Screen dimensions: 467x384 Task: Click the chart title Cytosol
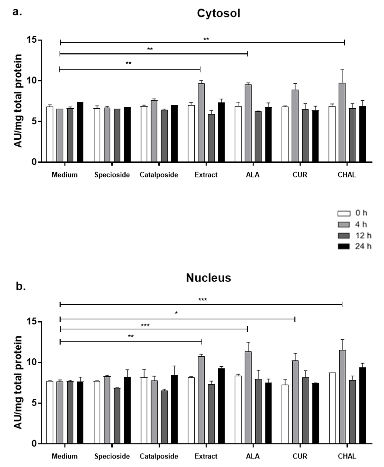(x=218, y=13)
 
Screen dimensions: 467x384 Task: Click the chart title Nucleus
(x=209, y=278)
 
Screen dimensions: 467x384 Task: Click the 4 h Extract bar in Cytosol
(x=201, y=123)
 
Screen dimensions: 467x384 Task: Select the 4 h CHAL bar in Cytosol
(x=342, y=123)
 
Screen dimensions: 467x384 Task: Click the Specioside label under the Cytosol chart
(x=112, y=175)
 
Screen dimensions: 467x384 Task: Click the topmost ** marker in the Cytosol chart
(x=206, y=39)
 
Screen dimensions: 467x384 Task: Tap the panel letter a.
(x=17, y=12)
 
